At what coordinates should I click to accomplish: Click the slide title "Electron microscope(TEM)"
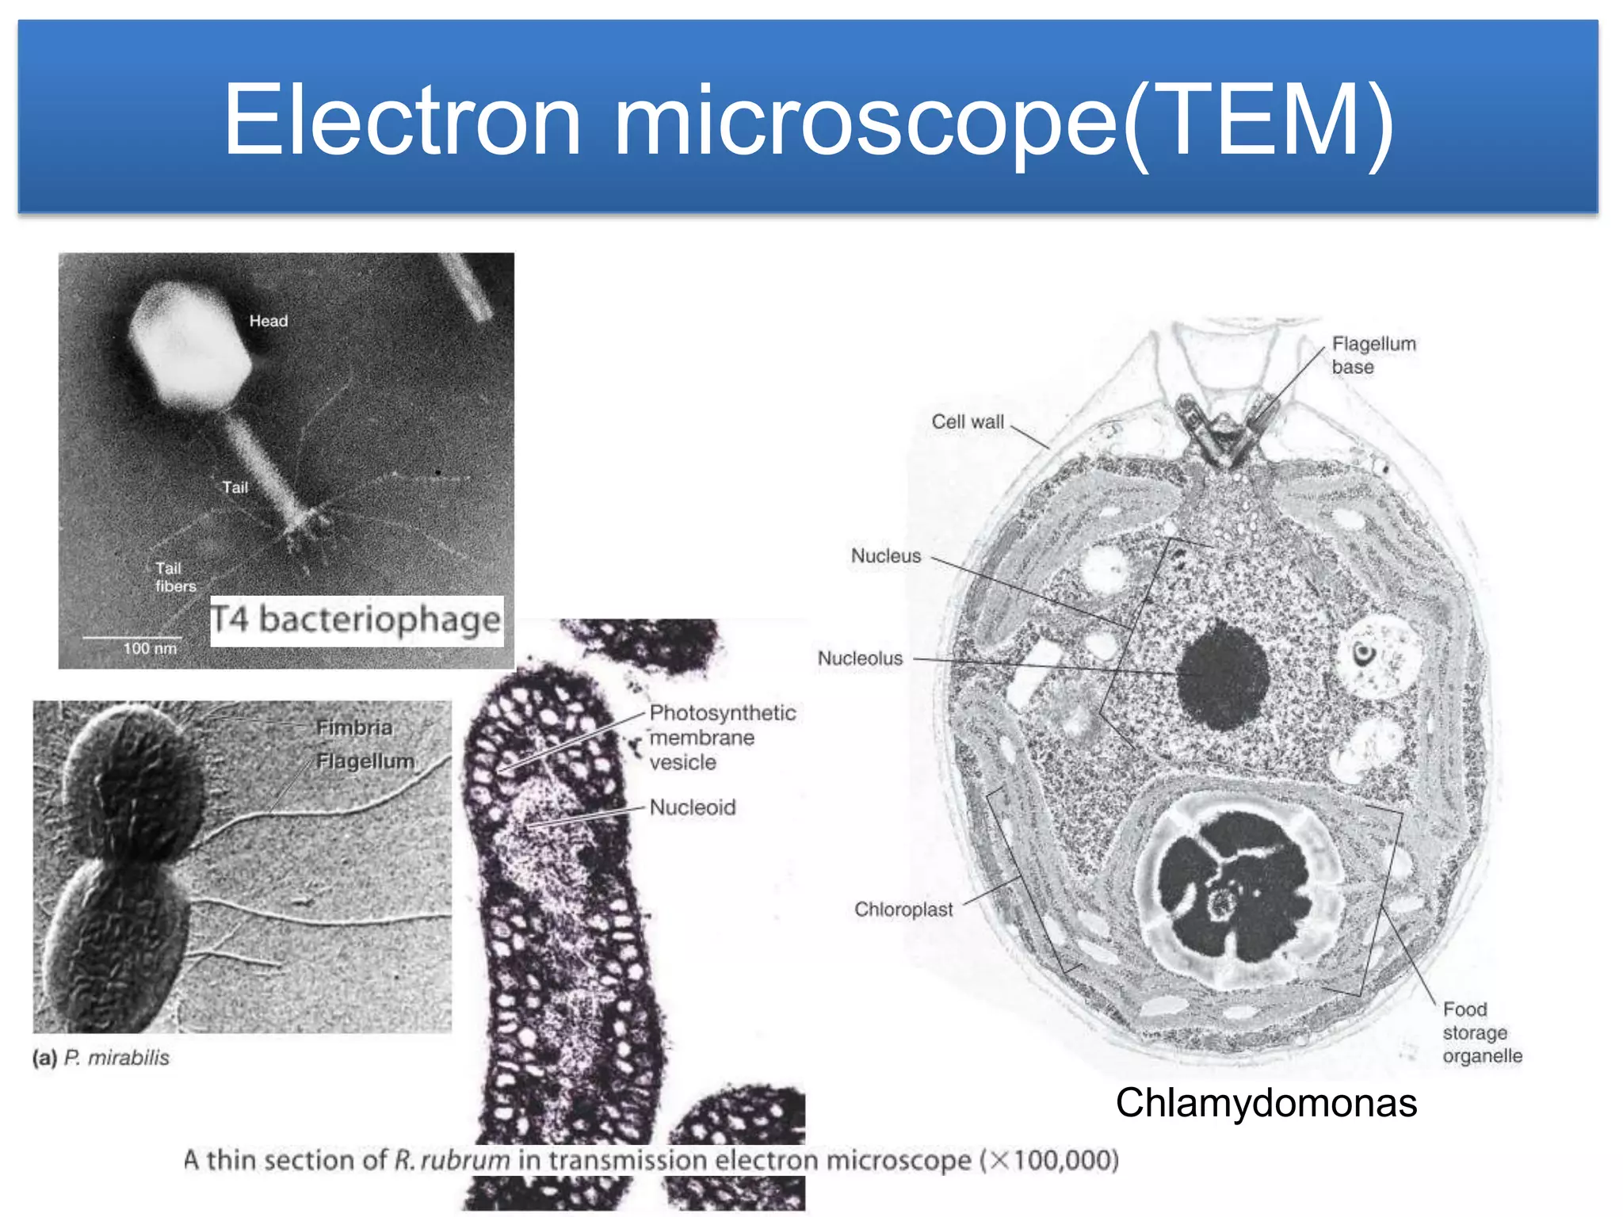point(808,120)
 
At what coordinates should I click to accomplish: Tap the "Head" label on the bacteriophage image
point(268,321)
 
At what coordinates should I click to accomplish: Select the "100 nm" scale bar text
point(150,649)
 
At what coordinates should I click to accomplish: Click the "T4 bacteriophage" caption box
point(357,620)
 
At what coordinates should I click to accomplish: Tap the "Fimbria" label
point(354,727)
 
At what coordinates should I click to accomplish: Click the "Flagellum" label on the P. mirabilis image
point(365,761)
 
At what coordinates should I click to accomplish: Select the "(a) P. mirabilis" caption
point(101,1058)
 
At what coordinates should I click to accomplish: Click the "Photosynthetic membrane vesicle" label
point(721,738)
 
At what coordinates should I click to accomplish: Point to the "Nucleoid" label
point(693,807)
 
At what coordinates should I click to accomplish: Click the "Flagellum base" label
point(1373,355)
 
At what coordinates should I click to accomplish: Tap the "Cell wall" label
point(968,422)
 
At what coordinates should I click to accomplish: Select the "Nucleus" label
point(886,556)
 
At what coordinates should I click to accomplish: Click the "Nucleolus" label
point(861,658)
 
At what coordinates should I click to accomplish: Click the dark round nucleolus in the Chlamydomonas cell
point(1223,675)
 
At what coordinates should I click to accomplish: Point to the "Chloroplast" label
point(903,910)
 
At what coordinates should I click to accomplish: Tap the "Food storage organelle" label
point(1481,1032)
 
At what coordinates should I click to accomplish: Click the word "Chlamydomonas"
point(1266,1103)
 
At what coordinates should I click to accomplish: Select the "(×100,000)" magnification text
point(1049,1161)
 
